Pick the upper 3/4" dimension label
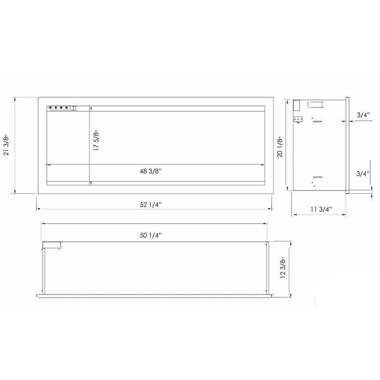coord(363,114)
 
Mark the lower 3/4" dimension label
coord(363,174)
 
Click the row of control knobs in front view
coord(60,108)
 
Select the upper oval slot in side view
coord(317,122)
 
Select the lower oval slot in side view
coord(317,176)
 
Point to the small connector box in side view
coord(298,119)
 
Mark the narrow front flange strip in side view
coord(348,145)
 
